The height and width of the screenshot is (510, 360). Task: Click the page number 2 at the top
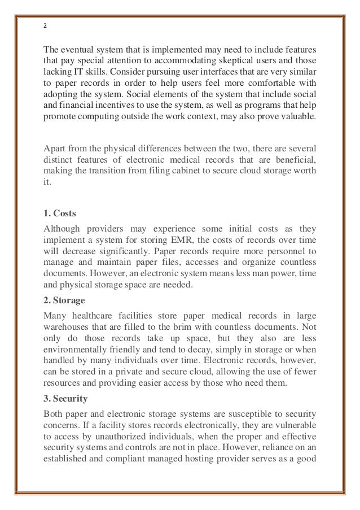[x=45, y=25]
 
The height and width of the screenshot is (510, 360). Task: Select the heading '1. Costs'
[x=60, y=213]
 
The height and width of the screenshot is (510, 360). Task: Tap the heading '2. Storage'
[x=64, y=299]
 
